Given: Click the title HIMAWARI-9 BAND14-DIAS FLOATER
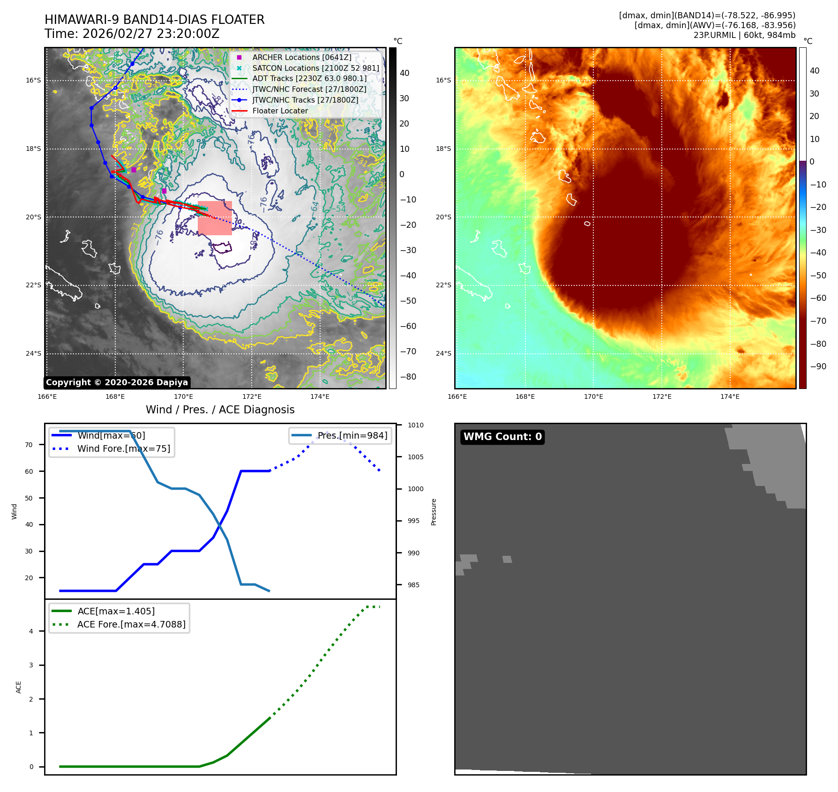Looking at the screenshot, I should coord(154,20).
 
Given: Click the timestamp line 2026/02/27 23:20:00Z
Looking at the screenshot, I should coord(150,34).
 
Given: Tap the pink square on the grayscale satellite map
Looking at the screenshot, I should coord(215,218).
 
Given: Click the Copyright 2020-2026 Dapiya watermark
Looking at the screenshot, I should coord(117,382).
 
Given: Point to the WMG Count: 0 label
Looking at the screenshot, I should coord(502,437).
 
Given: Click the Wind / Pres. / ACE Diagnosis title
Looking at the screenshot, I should coord(220,410).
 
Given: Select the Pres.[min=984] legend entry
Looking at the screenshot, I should coord(352,435).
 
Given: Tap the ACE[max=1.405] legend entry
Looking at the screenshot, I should coord(116,611).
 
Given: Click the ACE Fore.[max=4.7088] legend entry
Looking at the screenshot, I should coord(131,624).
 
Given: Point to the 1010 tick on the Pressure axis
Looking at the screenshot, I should coord(415,426).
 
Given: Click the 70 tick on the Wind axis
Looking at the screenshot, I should coord(29,445).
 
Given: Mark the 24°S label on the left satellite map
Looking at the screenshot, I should coord(33,353).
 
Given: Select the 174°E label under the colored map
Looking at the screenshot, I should coord(730,397).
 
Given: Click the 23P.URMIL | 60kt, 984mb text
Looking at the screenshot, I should coord(744,35).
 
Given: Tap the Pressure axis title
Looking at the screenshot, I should coord(434,512).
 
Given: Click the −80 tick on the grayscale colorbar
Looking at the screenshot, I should coord(408,377).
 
